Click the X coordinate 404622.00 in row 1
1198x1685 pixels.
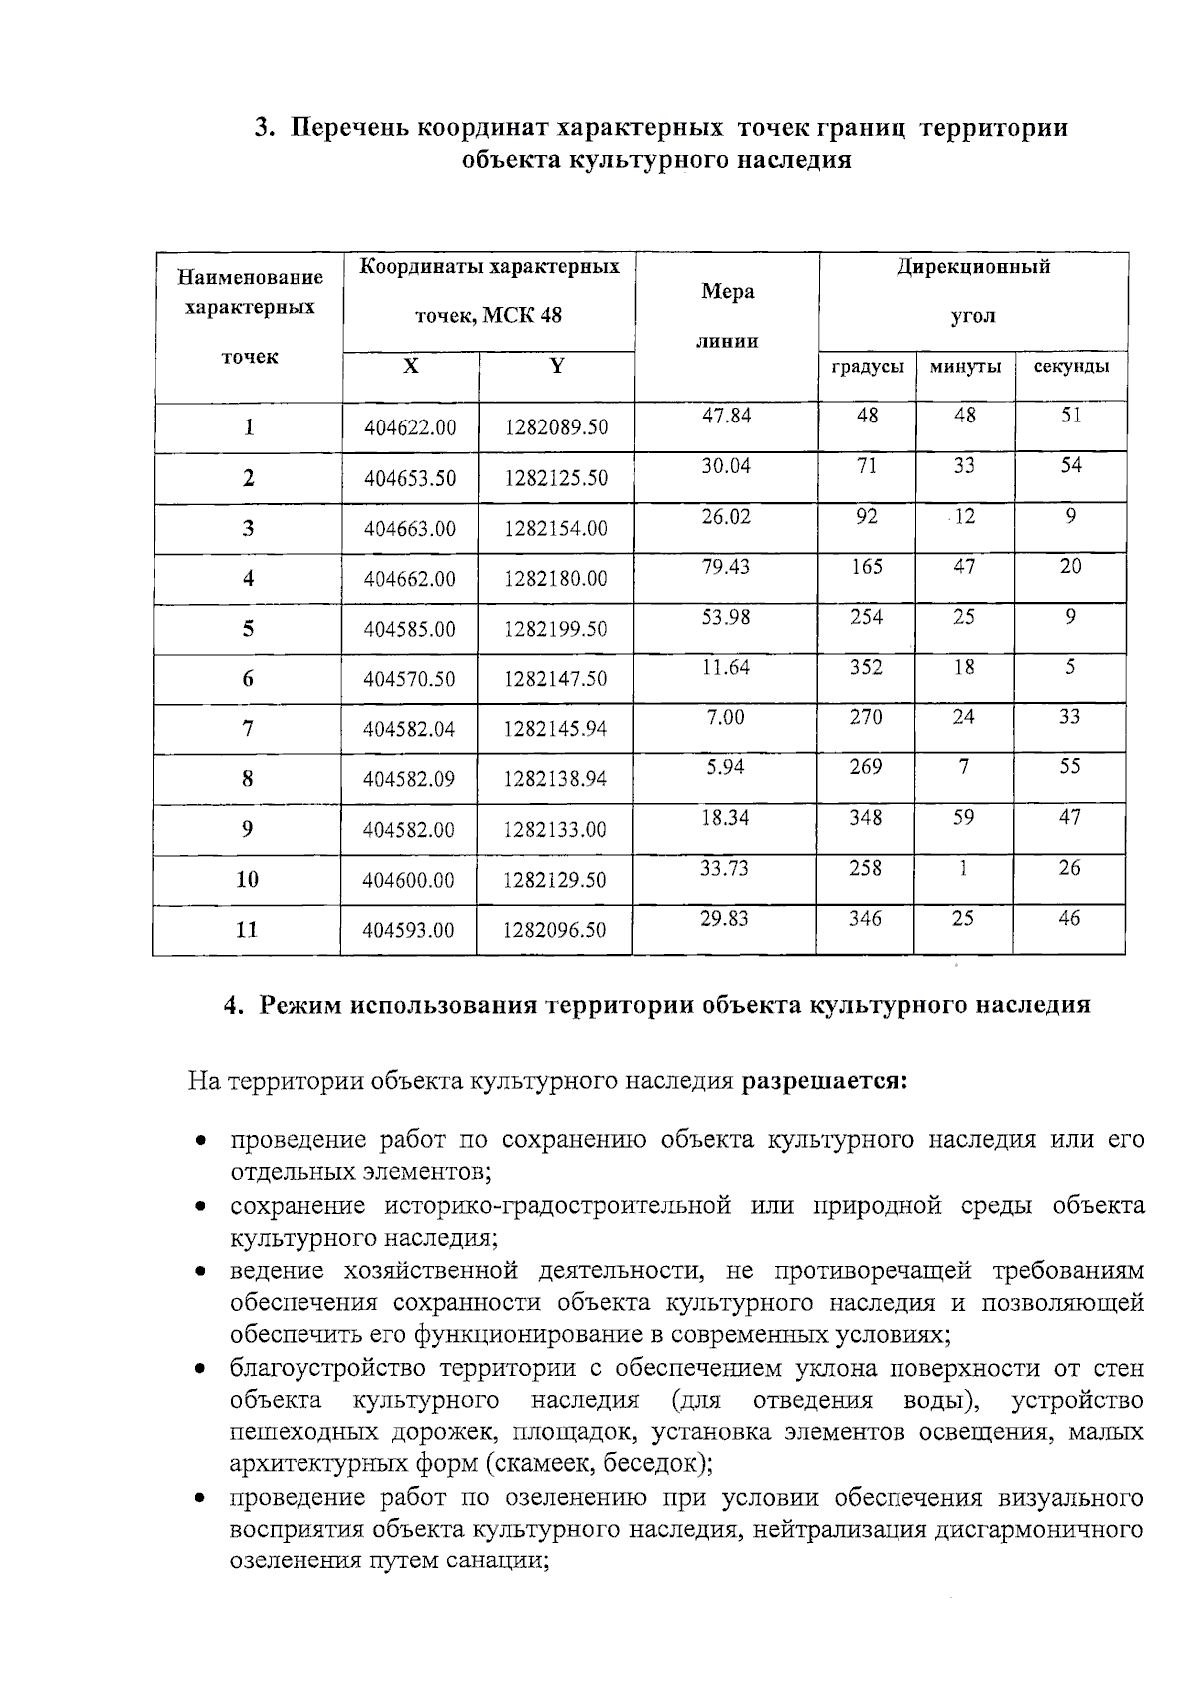410,427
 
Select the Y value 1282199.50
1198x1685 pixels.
556,629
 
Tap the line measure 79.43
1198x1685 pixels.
726,567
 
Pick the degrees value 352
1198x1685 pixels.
866,667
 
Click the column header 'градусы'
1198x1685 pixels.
868,367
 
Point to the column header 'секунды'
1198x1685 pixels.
1071,367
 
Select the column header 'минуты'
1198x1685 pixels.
965,367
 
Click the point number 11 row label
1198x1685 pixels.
247,930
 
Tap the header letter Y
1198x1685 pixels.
557,366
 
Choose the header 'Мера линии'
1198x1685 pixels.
728,316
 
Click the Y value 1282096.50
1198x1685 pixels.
555,930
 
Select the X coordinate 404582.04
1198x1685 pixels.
409,729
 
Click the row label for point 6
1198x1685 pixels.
248,679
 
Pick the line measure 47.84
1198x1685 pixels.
726,416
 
